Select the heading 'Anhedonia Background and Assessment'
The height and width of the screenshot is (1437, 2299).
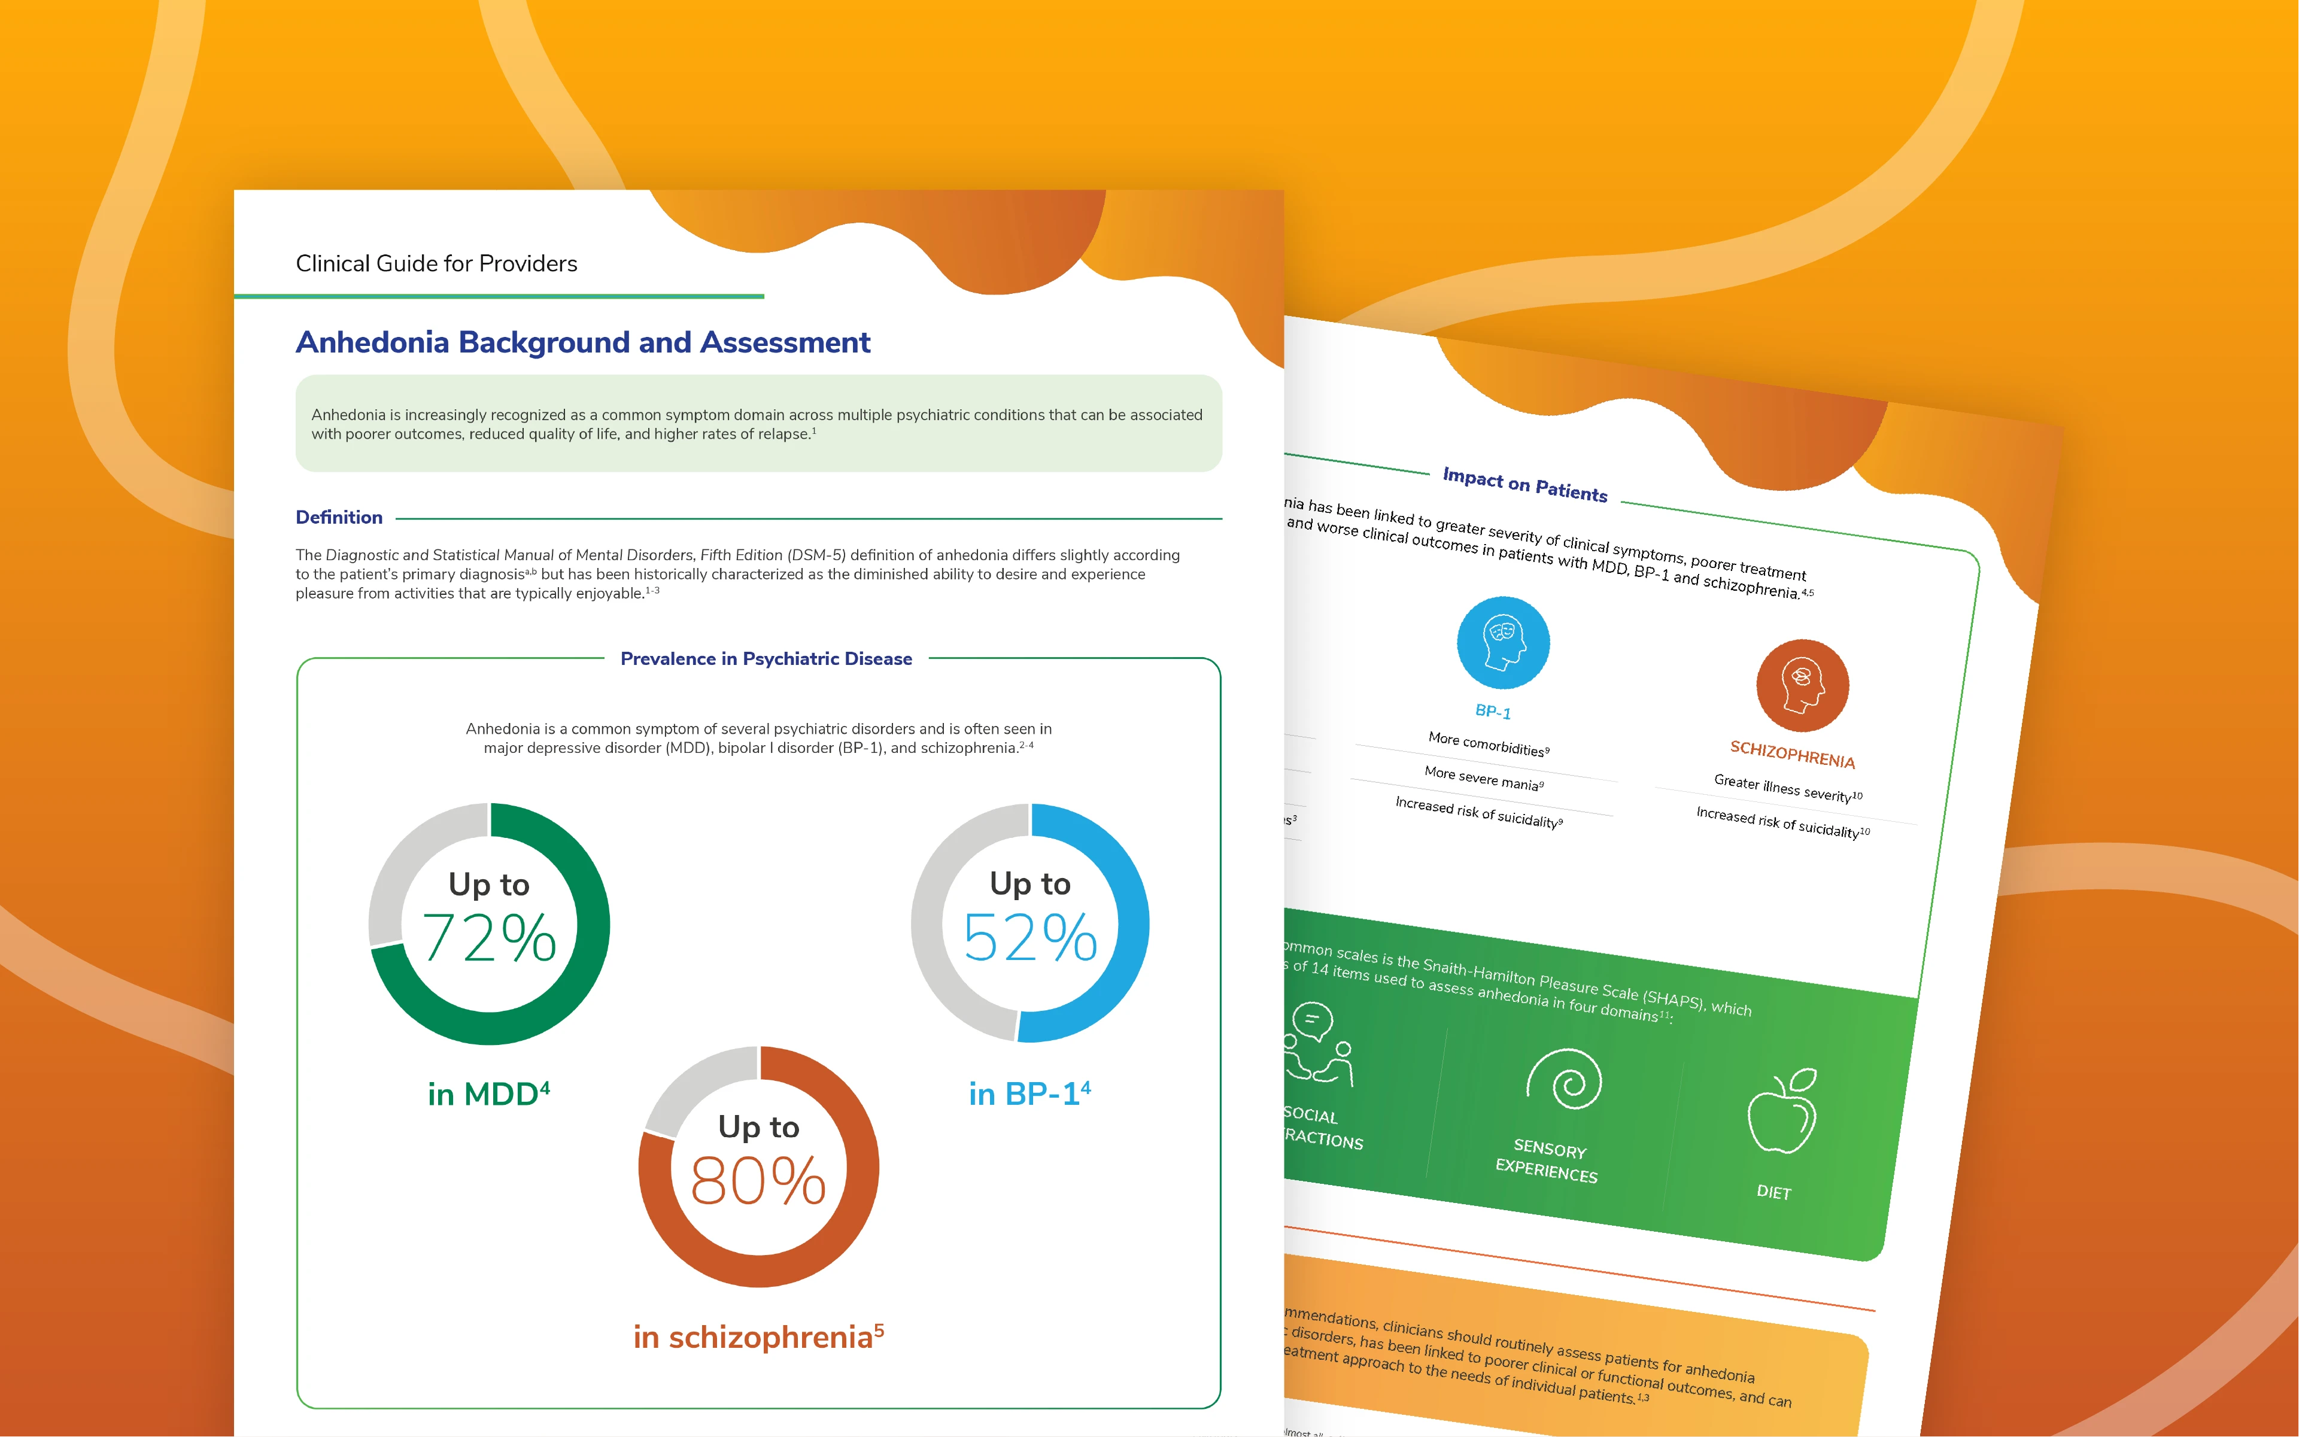coord(582,342)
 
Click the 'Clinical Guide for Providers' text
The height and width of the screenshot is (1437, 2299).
coord(436,263)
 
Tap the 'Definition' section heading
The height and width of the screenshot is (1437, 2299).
coord(339,517)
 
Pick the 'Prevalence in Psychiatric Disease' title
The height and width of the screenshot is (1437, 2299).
coord(766,658)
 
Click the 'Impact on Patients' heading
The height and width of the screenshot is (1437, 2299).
coord(1524,484)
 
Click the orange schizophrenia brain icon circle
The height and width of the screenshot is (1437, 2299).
coord(1802,685)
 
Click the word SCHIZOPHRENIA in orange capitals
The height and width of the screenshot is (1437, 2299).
coord(1791,755)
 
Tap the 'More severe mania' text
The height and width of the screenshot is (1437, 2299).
coord(1483,777)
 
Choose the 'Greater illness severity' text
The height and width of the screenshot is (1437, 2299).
coord(1787,788)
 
